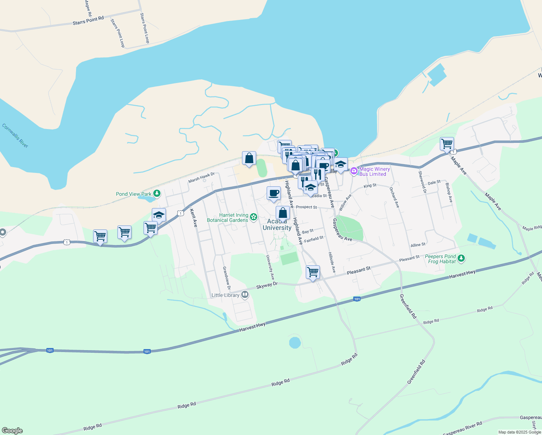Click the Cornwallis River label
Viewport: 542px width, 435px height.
15,136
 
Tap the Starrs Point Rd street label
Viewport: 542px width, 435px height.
88,20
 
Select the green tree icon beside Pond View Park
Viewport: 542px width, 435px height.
157,194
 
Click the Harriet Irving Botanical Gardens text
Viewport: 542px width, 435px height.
228,217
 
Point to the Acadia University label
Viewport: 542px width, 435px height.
277,225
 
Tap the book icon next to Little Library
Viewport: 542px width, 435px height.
245,295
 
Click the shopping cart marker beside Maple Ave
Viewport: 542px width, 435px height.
447,144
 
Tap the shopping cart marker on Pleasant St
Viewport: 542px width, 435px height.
313,272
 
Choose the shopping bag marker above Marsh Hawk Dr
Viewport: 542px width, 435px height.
249,158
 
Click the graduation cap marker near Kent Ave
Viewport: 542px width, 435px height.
159,215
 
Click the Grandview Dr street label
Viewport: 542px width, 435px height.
226,278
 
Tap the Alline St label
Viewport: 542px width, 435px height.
418,245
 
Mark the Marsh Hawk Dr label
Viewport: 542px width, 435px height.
201,178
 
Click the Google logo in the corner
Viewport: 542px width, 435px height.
12,431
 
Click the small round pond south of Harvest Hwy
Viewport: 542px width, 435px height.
295,343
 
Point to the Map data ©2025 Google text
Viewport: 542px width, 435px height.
519,432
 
